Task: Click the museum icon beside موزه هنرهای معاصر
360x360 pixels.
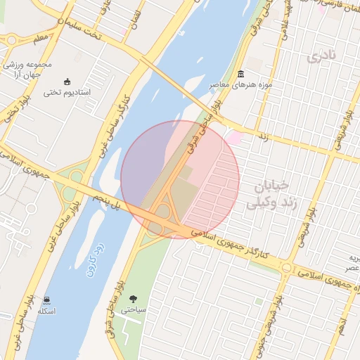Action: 241,75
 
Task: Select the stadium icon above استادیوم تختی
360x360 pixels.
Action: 67,82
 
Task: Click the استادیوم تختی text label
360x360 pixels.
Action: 67,92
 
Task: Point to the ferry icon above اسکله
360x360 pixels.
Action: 46,300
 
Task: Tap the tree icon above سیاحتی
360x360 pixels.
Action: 134,298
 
